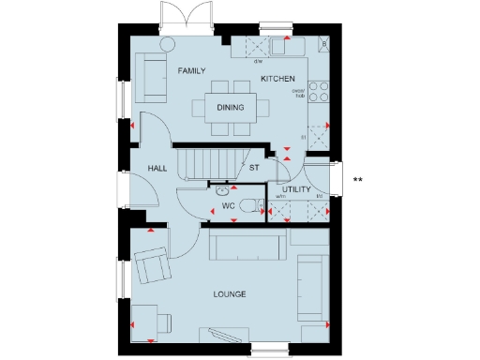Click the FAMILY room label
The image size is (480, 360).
pyautogui.click(x=191, y=70)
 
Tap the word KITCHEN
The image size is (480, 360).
pyautogui.click(x=277, y=78)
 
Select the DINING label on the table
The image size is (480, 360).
pyautogui.click(x=230, y=108)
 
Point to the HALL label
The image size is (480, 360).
pyautogui.click(x=157, y=168)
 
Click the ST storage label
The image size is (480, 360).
pyautogui.click(x=253, y=168)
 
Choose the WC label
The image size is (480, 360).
pyautogui.click(x=227, y=205)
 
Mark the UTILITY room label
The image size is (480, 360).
pyautogui.click(x=297, y=189)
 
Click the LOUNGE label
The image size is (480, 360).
pyautogui.click(x=229, y=294)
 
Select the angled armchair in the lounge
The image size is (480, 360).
pyautogui.click(x=152, y=264)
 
